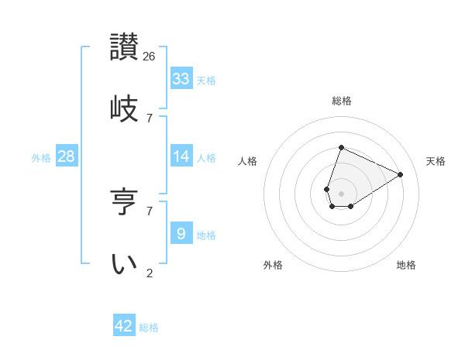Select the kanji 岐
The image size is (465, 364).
click(x=124, y=108)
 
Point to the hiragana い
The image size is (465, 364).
click(x=124, y=264)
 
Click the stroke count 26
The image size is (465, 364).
click(x=150, y=56)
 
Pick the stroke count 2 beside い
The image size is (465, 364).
click(x=150, y=273)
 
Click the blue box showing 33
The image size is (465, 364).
click(x=181, y=79)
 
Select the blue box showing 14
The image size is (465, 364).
click(x=181, y=156)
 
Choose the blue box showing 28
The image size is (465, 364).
click(x=67, y=156)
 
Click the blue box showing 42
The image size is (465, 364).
click(x=124, y=326)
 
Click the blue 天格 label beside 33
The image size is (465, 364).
click(x=206, y=80)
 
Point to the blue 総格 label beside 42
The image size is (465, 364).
click(x=149, y=328)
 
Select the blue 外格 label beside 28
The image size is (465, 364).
click(x=41, y=157)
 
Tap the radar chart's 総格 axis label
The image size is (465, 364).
click(x=341, y=101)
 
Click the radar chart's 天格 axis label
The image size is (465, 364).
click(x=436, y=161)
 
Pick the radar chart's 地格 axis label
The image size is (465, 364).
click(x=406, y=265)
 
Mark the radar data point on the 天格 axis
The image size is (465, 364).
click(x=401, y=174)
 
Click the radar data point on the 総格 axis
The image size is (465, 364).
click(x=341, y=147)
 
